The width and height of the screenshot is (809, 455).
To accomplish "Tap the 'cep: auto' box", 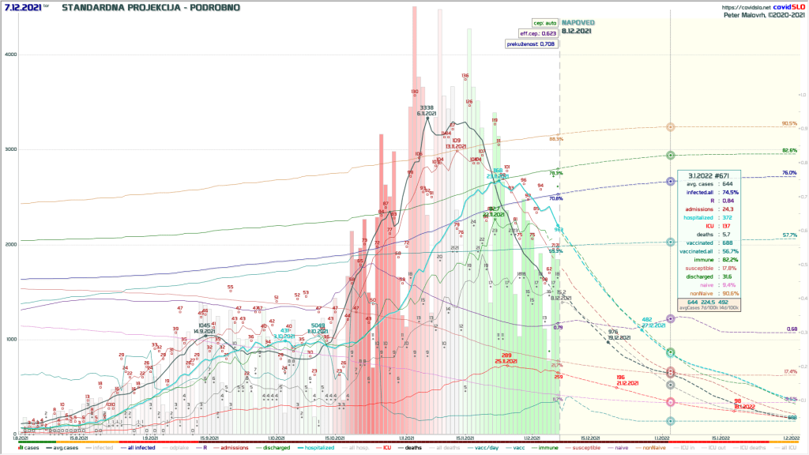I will pyautogui.click(x=544, y=23).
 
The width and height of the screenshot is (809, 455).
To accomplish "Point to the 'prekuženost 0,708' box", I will pyautogui.click(x=532, y=44).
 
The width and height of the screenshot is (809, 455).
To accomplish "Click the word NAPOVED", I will pyautogui.click(x=578, y=23).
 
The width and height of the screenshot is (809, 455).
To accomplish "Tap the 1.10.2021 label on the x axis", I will pyautogui.click(x=275, y=438).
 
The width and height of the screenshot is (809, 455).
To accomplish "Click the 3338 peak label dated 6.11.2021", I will pyautogui.click(x=427, y=107).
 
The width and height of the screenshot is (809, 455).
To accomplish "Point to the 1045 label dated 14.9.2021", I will pyautogui.click(x=204, y=325).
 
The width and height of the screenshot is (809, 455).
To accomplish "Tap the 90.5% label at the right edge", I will pyautogui.click(x=788, y=124).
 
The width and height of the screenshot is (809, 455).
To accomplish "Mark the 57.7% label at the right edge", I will pyautogui.click(x=788, y=235).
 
